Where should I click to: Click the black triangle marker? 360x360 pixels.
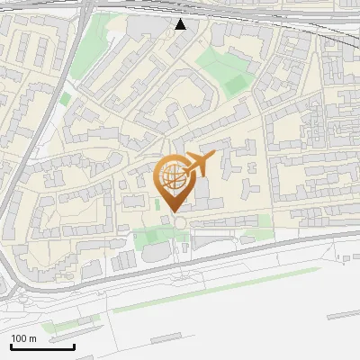coord(181,24)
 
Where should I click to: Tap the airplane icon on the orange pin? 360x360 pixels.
coord(199,164)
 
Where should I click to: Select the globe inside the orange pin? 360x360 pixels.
coord(171,176)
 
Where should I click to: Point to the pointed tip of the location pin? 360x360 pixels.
coord(172,212)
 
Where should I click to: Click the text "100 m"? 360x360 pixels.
coord(23,338)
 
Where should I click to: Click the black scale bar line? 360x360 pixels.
coord(42,346)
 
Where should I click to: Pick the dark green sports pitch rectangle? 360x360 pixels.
coord(236,85)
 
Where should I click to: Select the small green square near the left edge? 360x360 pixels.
coord(65,97)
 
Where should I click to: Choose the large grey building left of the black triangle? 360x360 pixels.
coord(144,28)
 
